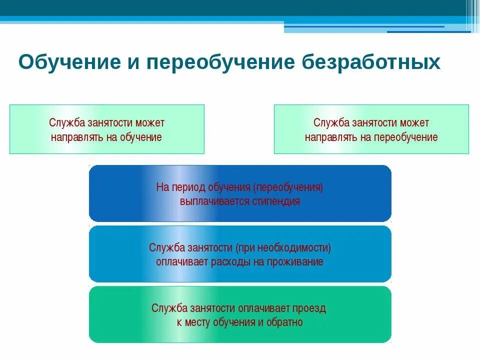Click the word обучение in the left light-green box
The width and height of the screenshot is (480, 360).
pyautogui.click(x=141, y=137)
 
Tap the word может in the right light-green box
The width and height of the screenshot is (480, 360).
pyautogui.click(x=414, y=123)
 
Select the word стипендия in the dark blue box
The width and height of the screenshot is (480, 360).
pyautogui.click(x=276, y=202)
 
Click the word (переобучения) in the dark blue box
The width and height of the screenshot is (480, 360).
pyautogui.click(x=288, y=188)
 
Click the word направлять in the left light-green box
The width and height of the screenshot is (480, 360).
pyautogui.click(x=76, y=137)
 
